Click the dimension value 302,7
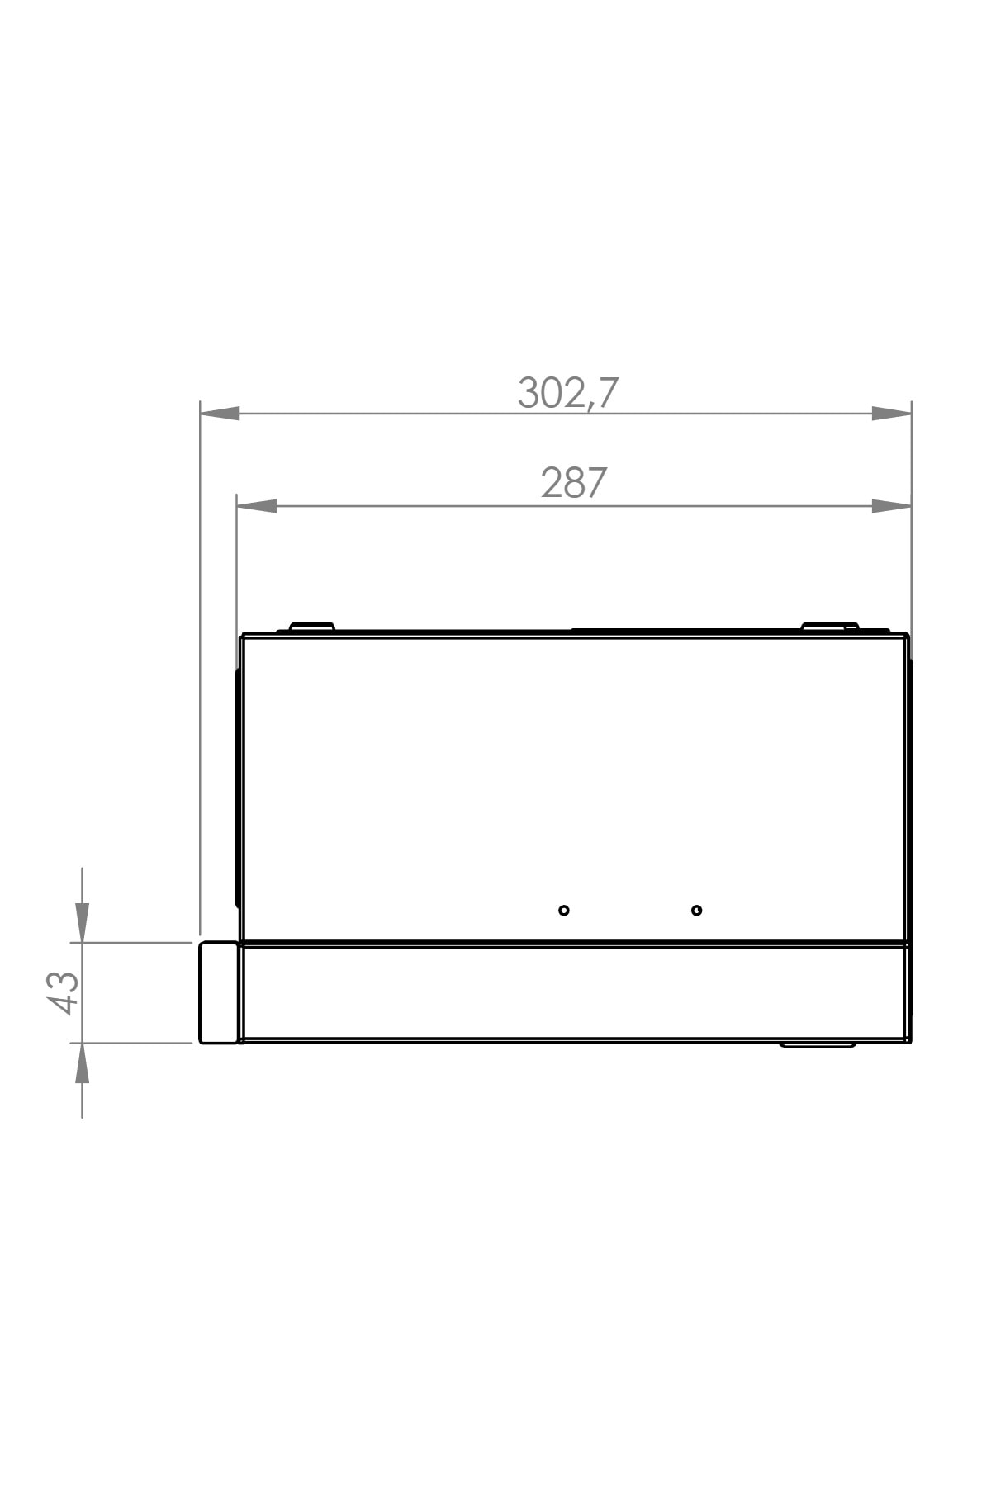(x=567, y=393)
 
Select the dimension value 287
(x=574, y=483)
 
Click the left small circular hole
(x=563, y=910)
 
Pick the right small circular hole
(x=696, y=910)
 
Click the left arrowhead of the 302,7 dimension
(x=220, y=413)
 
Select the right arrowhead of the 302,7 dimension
(x=892, y=413)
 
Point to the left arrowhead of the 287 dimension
(x=257, y=505)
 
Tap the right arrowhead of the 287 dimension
(x=892, y=505)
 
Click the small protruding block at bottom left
(x=218, y=992)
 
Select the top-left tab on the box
(x=311, y=627)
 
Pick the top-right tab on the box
(x=830, y=627)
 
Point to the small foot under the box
(x=818, y=1045)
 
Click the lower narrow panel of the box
(x=574, y=992)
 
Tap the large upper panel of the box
(x=574, y=784)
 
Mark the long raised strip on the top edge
(x=685, y=631)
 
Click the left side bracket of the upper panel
(x=237, y=788)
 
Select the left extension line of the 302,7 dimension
(x=200, y=660)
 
